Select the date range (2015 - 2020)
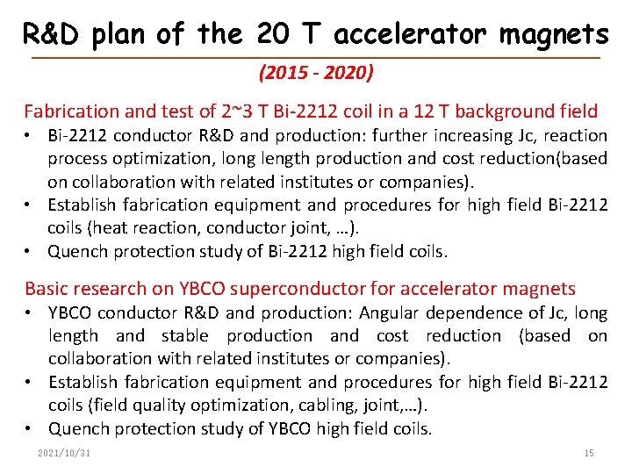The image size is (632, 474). [x=316, y=73]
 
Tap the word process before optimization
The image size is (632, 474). [x=78, y=159]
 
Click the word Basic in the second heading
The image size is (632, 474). [x=47, y=289]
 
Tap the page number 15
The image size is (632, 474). [x=588, y=453]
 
